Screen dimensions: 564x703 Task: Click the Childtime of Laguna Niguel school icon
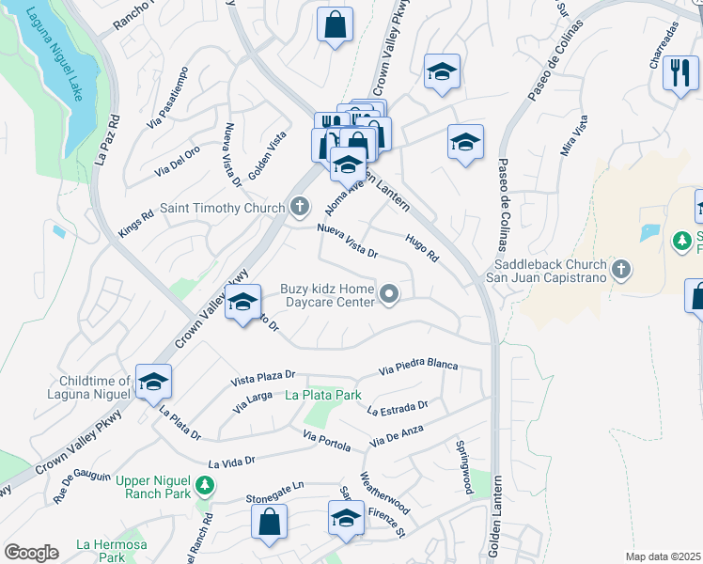point(152,382)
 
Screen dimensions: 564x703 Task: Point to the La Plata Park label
point(323,395)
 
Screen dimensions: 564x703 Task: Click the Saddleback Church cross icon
point(619,271)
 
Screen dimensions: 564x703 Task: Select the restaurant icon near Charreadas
point(680,71)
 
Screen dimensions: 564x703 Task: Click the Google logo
point(31,552)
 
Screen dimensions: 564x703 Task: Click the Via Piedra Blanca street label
point(418,366)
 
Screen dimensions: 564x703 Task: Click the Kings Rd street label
point(135,224)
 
